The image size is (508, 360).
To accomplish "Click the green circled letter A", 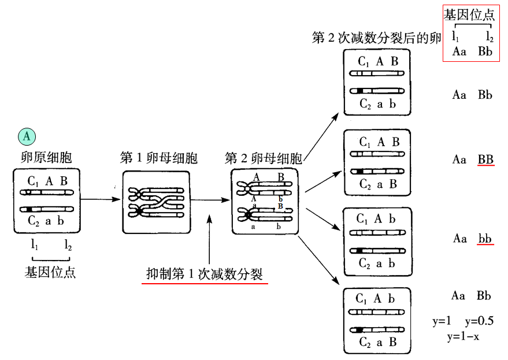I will tap(27, 136).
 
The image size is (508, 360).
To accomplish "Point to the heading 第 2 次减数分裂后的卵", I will tap(376, 38).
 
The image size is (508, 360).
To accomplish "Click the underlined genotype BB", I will tap(485, 159).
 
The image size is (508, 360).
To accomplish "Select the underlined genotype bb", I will tap(485, 238).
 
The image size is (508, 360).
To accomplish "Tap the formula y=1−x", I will tap(462, 336).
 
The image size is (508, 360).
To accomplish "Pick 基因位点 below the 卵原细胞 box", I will tap(50, 272).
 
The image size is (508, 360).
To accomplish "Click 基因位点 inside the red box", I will tap(469, 15).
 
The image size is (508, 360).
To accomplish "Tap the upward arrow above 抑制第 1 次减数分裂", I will tap(209, 237).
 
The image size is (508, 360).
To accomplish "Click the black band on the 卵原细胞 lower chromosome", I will tap(29, 209).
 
